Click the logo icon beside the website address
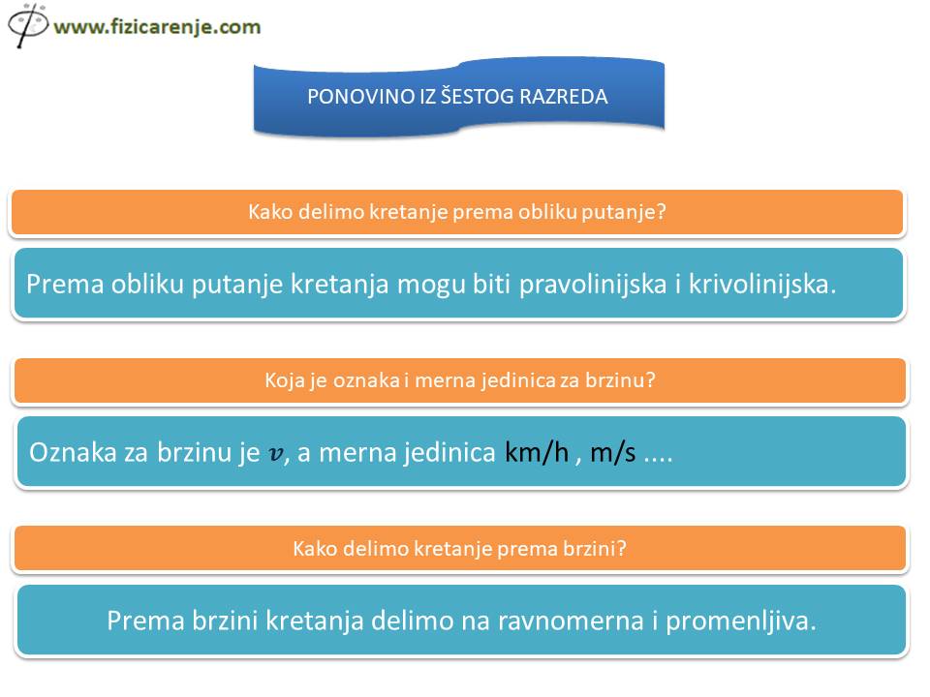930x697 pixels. [x=27, y=25]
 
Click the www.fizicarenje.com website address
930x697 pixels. [x=157, y=27]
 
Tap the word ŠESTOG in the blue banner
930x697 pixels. [x=477, y=97]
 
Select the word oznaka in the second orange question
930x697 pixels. [x=366, y=379]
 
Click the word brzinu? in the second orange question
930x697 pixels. [x=620, y=379]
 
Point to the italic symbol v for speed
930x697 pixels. [x=276, y=454]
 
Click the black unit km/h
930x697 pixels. [x=537, y=453]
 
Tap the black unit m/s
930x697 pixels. [x=612, y=453]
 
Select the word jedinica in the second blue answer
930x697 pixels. [x=449, y=453]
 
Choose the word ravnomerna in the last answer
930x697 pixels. [x=571, y=621]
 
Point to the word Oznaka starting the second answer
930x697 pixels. [x=73, y=453]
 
